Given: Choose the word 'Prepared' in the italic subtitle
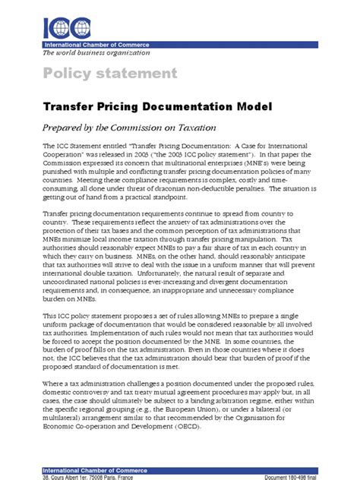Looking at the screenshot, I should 64,128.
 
